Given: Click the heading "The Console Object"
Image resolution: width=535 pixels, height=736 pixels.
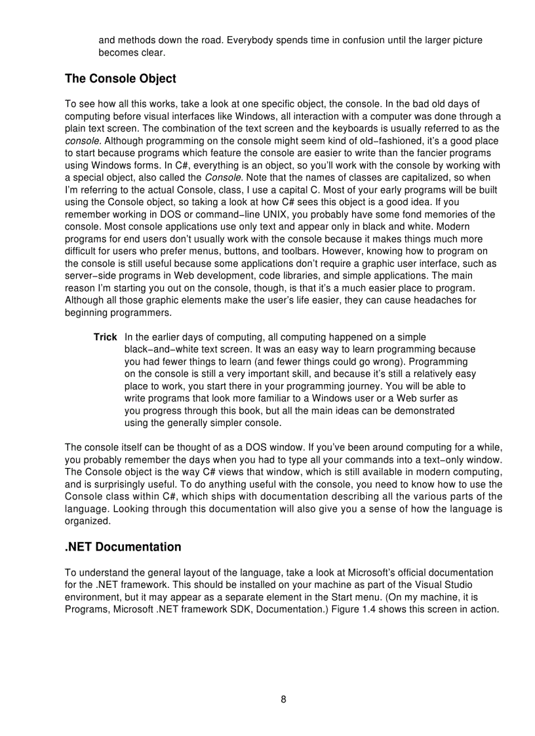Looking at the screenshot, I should (121, 79).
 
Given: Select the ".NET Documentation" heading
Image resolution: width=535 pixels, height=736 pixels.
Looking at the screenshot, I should (123, 547).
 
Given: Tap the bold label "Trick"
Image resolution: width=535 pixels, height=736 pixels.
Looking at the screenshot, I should (105, 336).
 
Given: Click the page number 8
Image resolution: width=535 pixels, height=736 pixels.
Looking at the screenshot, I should (283, 699).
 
